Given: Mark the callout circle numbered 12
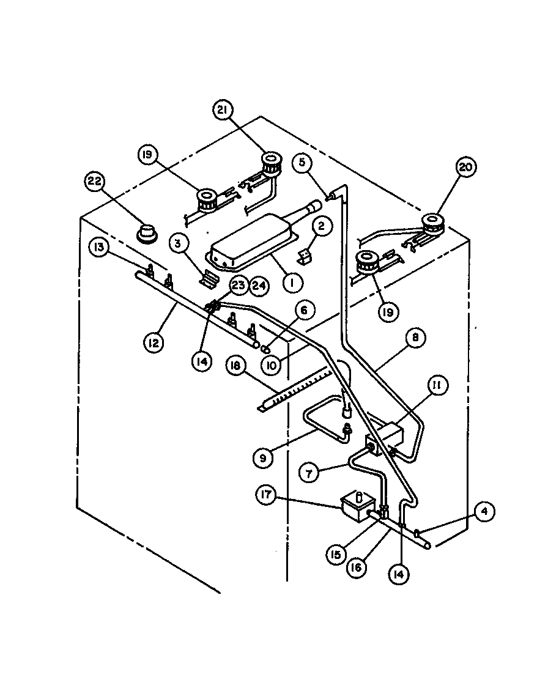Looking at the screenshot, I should pyautogui.click(x=154, y=342).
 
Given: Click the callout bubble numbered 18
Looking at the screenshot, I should pyautogui.click(x=235, y=366).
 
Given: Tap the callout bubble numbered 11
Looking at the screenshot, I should pyautogui.click(x=439, y=386).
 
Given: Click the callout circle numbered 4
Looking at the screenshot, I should pyautogui.click(x=483, y=512).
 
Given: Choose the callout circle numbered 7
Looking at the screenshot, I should pyautogui.click(x=311, y=472).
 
